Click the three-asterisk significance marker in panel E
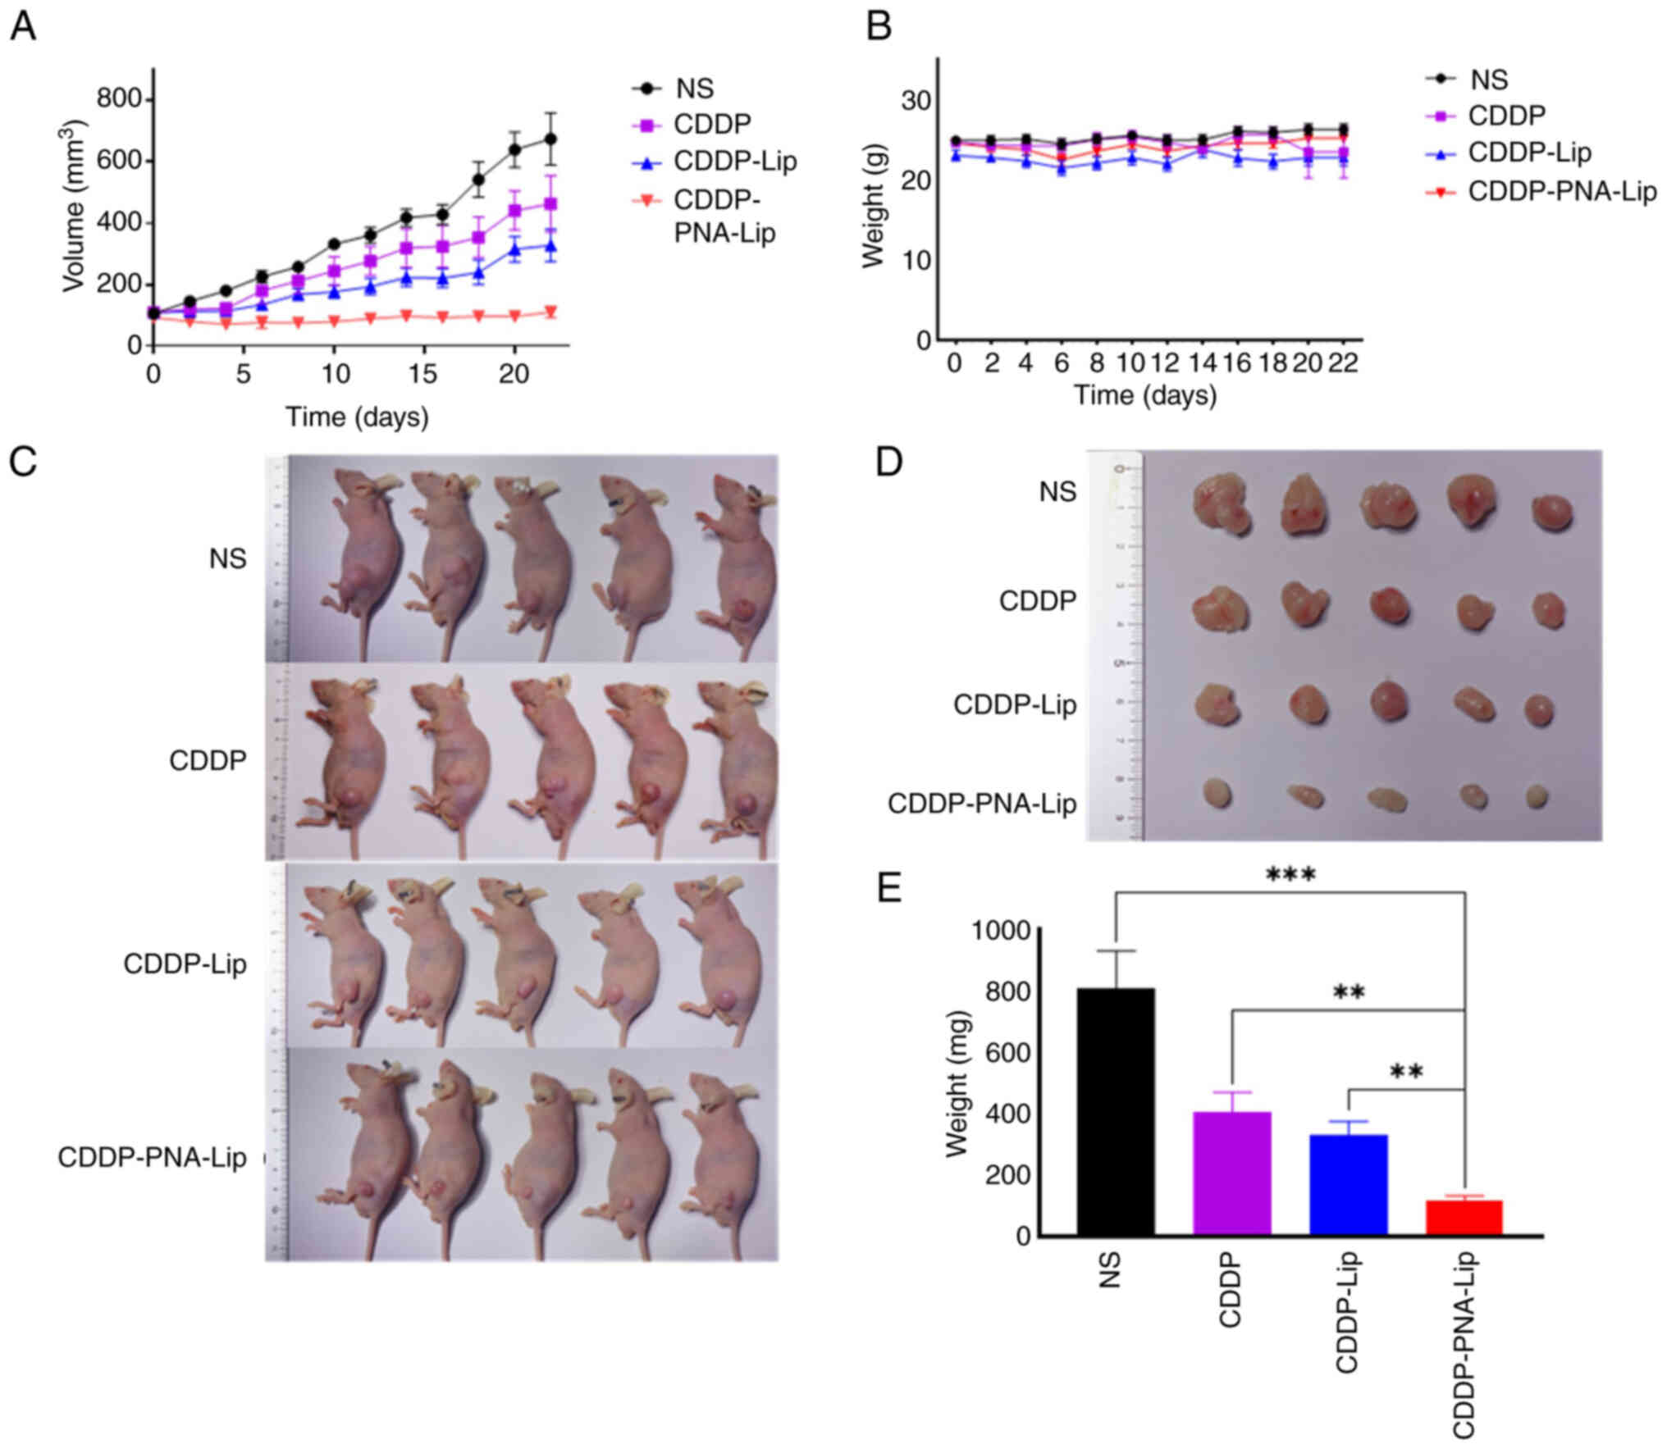point(1290,875)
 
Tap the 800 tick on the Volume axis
point(118,99)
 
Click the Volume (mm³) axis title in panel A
point(74,205)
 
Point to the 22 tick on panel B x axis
point(1344,362)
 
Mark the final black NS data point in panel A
point(550,139)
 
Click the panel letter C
point(23,462)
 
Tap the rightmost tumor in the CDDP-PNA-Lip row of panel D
point(1537,795)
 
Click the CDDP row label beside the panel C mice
point(208,760)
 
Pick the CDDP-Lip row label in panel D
point(1015,704)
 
